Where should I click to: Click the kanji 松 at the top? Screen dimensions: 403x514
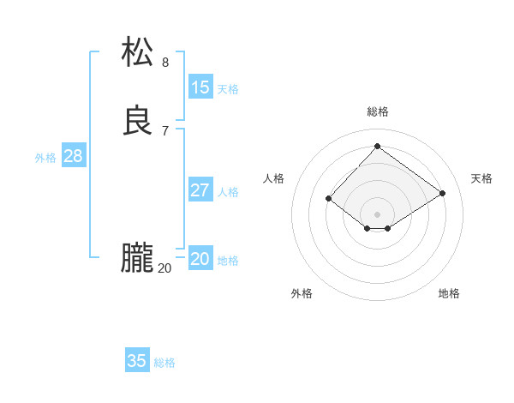[138, 52]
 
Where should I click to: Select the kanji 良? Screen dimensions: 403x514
[138, 121]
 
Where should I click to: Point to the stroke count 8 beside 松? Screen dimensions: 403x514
[165, 62]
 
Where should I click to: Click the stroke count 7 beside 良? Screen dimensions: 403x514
[165, 130]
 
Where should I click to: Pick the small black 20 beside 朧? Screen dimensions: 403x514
[164, 268]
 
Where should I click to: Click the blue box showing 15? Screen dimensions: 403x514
[200, 87]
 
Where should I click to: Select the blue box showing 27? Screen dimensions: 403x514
[200, 190]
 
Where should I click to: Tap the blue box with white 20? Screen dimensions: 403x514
[200, 259]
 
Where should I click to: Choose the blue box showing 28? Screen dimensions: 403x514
[73, 156]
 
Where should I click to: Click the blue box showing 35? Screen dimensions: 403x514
[137, 361]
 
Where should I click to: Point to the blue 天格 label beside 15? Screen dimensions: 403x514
[228, 89]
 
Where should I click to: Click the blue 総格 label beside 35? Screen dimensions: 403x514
[164, 363]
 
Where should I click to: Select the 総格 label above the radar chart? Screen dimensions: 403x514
[377, 111]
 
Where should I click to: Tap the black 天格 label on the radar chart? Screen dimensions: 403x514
[481, 178]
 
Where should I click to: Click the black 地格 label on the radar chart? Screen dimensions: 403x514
[449, 293]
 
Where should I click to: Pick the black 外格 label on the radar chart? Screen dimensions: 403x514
[302, 293]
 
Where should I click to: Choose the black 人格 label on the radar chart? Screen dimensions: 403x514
[274, 178]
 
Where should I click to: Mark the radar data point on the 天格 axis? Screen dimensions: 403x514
[442, 194]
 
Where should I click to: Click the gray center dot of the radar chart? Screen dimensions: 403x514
[377, 214]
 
